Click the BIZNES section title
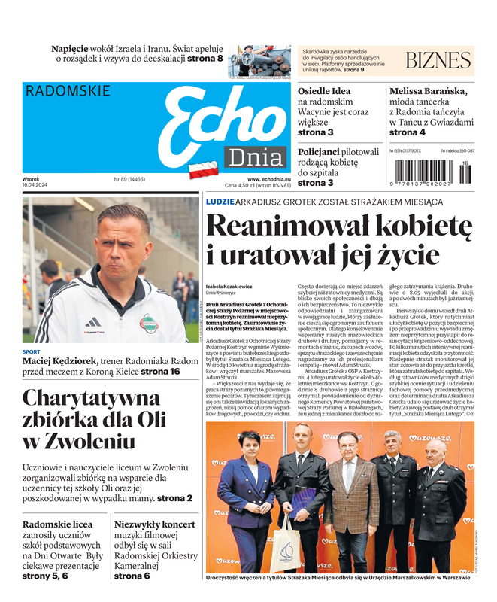point(437,61)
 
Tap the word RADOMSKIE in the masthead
point(67,91)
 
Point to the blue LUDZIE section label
point(220,202)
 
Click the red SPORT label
point(32,352)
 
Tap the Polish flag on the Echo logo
point(202,169)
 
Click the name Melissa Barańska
point(428,91)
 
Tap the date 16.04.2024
point(35,185)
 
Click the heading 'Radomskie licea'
point(57,524)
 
